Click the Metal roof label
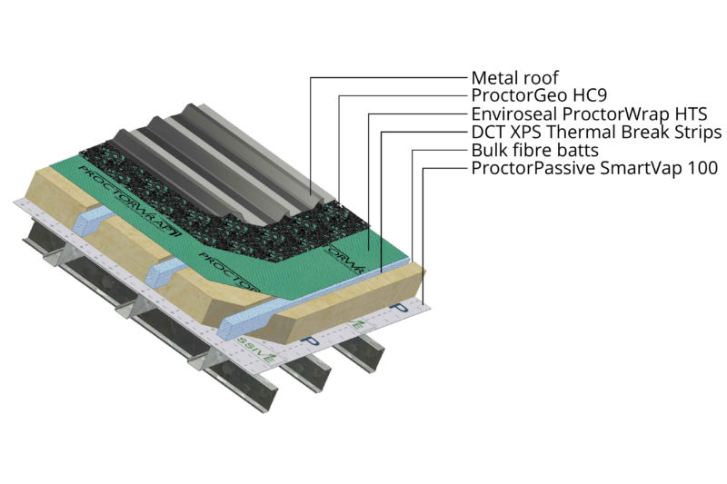point(515,77)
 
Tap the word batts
point(578,151)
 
